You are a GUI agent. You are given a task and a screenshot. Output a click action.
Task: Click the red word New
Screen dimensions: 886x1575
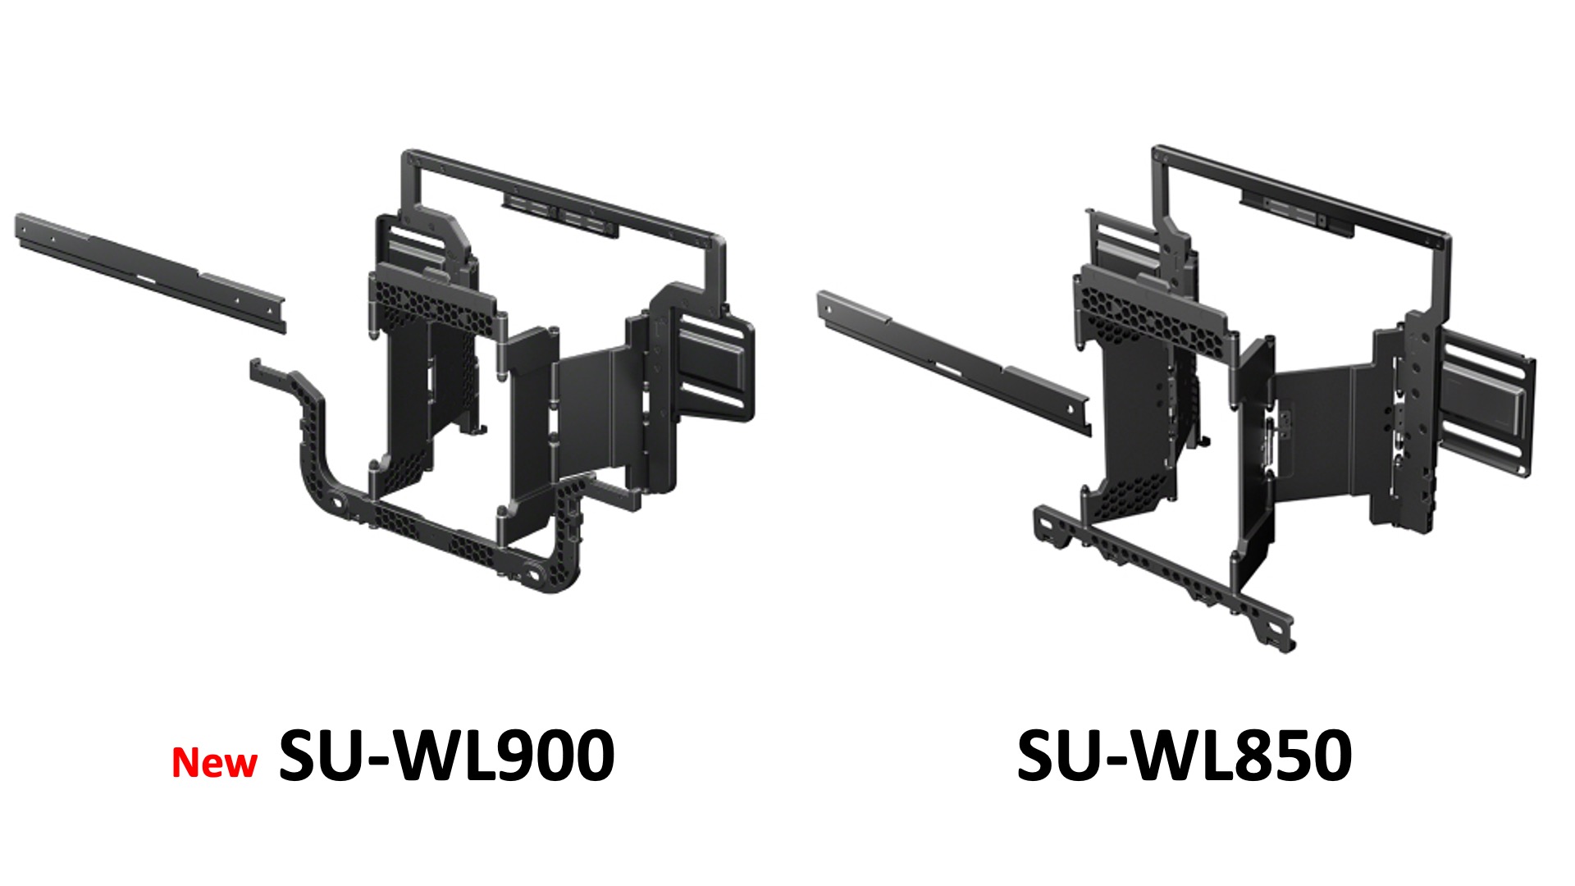click(214, 763)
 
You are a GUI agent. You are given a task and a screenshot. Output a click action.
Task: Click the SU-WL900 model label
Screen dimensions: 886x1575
click(447, 756)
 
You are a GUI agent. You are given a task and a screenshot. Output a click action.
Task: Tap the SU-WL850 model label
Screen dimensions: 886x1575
click(1184, 756)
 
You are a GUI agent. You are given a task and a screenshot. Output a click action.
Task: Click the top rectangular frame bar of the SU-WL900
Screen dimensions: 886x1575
click(566, 194)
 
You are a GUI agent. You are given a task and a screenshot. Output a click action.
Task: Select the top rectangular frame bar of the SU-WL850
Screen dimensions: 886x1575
click(1304, 193)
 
